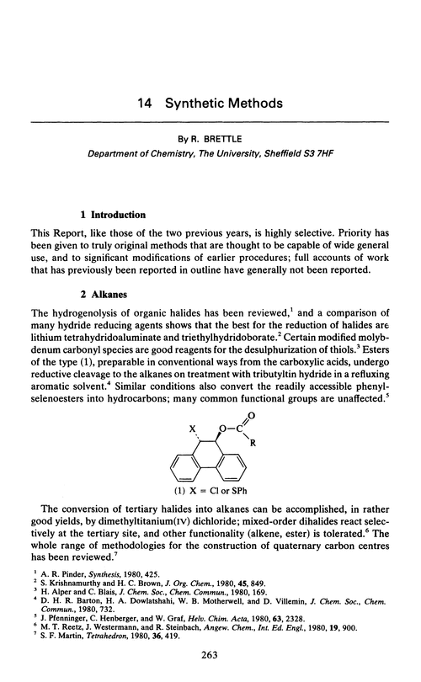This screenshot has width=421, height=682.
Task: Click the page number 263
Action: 210,656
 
